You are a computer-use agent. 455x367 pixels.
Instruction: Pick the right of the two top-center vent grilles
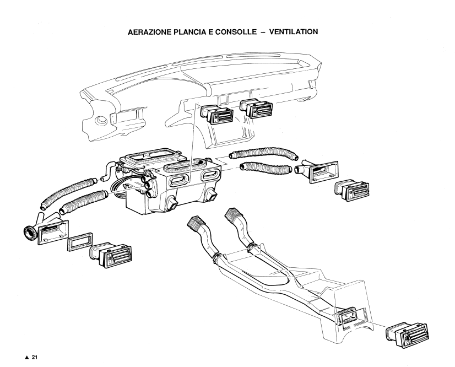tap(258, 110)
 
